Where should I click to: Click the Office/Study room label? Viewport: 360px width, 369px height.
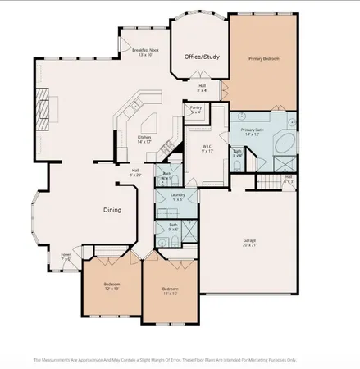(x=202, y=57)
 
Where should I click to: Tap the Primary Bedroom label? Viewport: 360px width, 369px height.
(x=263, y=60)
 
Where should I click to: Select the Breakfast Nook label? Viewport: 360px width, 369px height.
(x=145, y=52)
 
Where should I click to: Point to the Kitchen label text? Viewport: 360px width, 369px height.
(x=145, y=139)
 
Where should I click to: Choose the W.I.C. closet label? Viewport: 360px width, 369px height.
(x=207, y=148)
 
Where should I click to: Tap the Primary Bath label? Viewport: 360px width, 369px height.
(x=252, y=132)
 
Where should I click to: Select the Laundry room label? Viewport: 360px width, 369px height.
(x=177, y=198)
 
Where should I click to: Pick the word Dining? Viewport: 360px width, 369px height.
(x=112, y=210)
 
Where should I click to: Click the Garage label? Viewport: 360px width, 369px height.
(x=248, y=242)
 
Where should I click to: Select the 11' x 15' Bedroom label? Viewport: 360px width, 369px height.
(x=171, y=290)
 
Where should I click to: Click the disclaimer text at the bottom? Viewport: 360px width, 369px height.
(x=164, y=359)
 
